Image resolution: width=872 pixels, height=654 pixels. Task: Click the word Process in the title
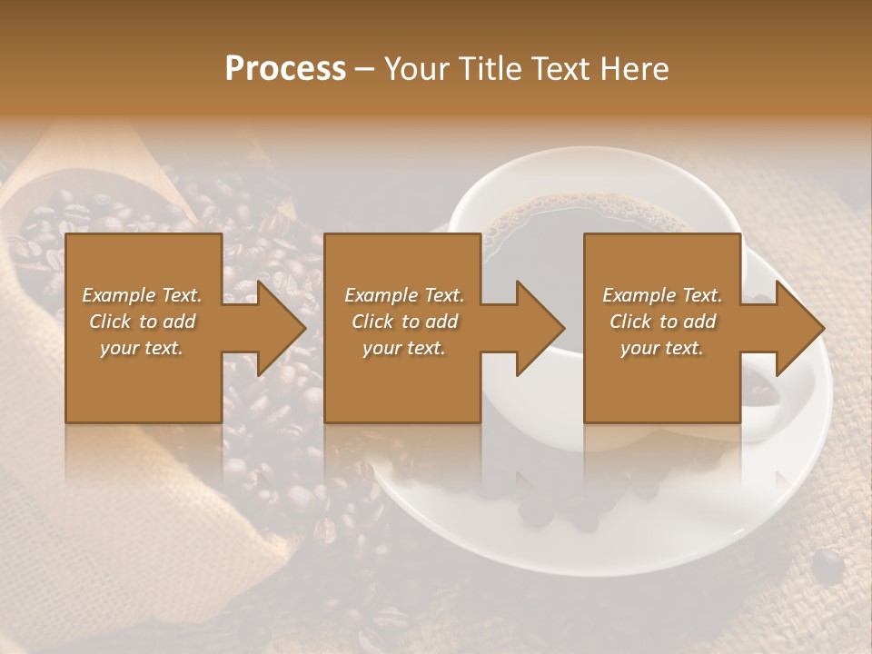click(x=285, y=69)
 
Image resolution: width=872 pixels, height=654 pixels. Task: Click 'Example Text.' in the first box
click(x=143, y=295)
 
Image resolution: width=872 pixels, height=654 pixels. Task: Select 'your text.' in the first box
click(x=143, y=348)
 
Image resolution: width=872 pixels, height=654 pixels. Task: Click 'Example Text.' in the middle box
click(x=404, y=295)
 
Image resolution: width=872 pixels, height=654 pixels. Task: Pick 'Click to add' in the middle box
click(x=404, y=322)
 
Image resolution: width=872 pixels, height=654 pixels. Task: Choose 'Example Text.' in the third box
click(x=662, y=295)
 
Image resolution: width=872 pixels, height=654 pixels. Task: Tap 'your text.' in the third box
click(x=662, y=348)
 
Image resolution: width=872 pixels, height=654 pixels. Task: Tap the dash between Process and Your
click(x=365, y=69)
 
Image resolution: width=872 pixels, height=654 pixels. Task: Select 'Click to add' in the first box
click(x=143, y=322)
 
